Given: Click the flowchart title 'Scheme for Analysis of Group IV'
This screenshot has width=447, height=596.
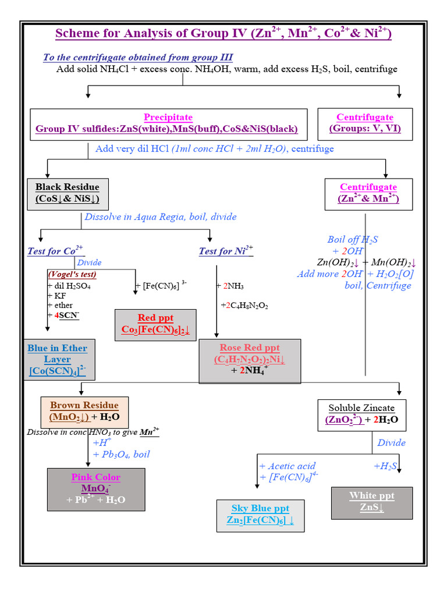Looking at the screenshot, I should [223, 33].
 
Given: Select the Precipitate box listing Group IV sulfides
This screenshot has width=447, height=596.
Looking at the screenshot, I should [168, 123].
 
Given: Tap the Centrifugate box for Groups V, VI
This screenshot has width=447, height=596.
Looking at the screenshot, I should [365, 123].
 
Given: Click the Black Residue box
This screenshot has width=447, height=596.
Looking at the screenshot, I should [67, 193].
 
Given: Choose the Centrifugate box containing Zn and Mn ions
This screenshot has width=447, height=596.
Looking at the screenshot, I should [368, 193].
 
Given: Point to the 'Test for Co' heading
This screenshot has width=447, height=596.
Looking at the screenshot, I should [55, 251].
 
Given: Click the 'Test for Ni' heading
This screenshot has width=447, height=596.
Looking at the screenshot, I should [226, 251].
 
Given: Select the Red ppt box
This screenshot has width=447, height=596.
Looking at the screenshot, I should [155, 324].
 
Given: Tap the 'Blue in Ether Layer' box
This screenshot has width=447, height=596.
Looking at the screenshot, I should [58, 359].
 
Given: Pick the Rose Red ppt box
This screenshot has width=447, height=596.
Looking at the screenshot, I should [250, 361].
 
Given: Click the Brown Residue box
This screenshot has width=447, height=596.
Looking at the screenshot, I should [84, 411].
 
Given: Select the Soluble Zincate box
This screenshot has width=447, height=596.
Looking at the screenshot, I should [361, 414].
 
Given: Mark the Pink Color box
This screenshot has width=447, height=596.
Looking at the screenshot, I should [95, 489].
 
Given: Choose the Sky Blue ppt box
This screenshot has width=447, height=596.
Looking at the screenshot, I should [260, 515].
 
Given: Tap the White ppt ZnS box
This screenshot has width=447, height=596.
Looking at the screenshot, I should [371, 502].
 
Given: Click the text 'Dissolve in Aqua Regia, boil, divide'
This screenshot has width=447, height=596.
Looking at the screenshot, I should [161, 217].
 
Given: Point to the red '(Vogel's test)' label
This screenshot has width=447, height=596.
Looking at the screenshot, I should [72, 274].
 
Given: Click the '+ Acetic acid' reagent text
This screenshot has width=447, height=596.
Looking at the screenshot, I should [288, 466].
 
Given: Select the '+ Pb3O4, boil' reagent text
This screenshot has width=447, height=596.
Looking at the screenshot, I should [121, 455].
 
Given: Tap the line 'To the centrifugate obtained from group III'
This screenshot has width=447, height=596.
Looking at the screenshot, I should [138, 57].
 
